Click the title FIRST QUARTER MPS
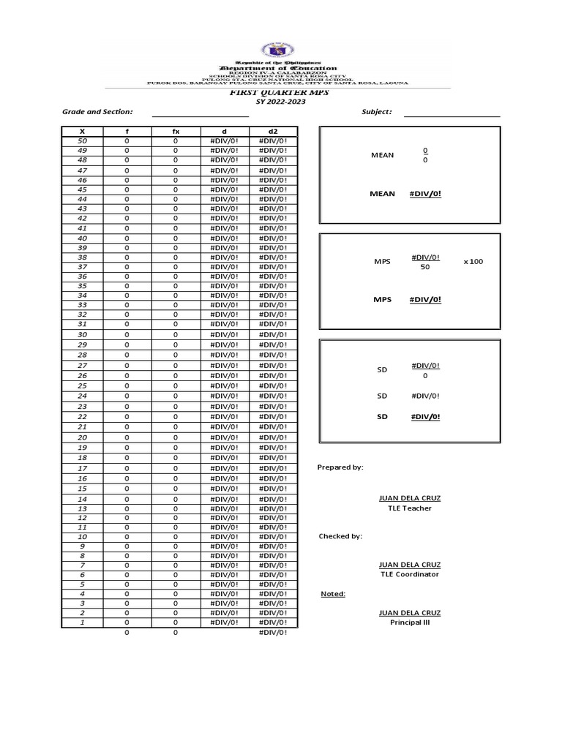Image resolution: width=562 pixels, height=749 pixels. click(x=271, y=93)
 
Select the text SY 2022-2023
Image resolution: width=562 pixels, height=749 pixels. click(x=281, y=102)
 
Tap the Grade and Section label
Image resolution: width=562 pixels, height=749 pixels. click(x=97, y=112)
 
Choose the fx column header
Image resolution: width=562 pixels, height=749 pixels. click(x=176, y=131)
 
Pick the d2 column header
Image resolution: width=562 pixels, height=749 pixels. click(x=273, y=131)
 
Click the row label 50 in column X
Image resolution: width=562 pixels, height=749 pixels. click(x=82, y=140)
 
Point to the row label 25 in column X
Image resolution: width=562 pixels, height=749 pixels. click(x=82, y=385)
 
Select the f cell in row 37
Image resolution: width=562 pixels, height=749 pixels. click(x=127, y=267)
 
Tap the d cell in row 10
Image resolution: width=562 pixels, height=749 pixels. click(x=225, y=536)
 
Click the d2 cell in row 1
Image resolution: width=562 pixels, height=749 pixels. click(x=273, y=622)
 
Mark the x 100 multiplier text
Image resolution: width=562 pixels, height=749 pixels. click(x=473, y=261)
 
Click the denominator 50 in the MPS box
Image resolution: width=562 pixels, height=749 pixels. click(x=425, y=268)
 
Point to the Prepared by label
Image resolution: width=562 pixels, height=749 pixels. click(x=340, y=467)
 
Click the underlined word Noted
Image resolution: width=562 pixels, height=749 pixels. click(x=333, y=594)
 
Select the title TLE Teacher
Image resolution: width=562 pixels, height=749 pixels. click(x=410, y=508)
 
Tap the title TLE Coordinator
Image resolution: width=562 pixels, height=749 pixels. click(x=410, y=575)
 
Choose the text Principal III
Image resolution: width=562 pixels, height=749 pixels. click(x=410, y=622)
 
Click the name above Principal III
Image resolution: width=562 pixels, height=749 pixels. click(x=410, y=613)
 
